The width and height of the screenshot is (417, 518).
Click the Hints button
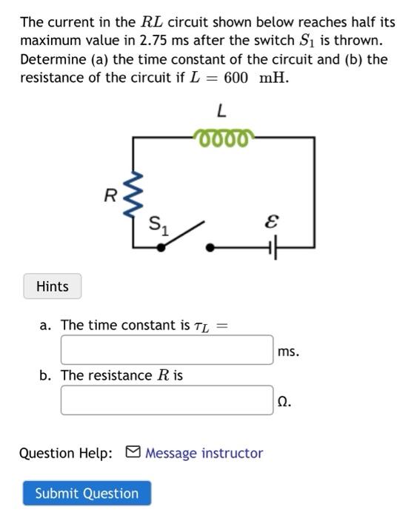(x=52, y=286)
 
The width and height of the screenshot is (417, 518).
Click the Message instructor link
(x=204, y=453)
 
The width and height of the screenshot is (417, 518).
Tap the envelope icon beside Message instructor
(x=133, y=452)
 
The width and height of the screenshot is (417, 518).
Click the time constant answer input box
(x=167, y=350)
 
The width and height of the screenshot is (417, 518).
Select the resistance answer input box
(x=167, y=400)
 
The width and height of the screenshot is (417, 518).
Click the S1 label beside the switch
(x=159, y=224)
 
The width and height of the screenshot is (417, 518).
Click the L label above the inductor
(x=221, y=111)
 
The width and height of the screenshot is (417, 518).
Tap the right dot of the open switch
(x=211, y=249)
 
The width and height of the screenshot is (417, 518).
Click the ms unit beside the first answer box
(x=288, y=351)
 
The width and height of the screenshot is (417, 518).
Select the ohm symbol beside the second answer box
(x=284, y=402)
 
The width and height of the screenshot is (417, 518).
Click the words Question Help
(x=66, y=453)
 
